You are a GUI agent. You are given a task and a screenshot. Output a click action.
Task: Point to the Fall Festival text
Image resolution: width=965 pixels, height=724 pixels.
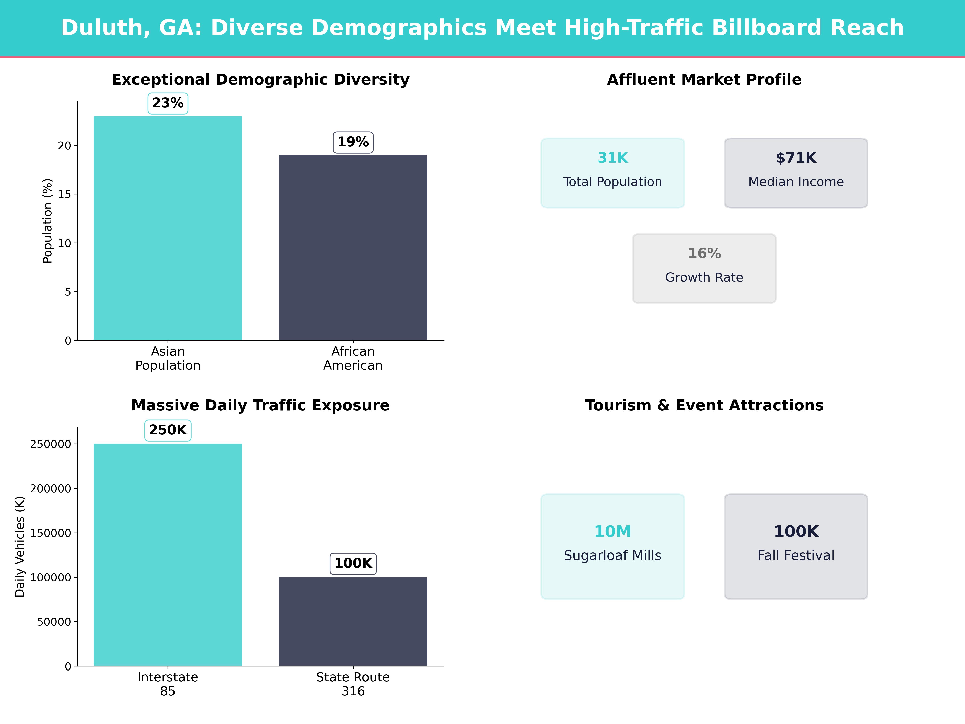click(796, 555)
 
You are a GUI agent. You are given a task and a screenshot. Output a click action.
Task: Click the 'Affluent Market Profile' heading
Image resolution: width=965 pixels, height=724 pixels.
click(704, 80)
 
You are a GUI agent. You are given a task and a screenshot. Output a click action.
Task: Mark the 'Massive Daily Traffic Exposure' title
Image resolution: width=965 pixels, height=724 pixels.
click(260, 405)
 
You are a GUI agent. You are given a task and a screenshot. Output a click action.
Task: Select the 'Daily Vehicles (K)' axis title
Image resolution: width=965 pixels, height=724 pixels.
click(20, 546)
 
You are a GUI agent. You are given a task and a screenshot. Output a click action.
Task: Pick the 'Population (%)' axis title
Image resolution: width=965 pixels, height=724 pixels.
click(48, 221)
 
